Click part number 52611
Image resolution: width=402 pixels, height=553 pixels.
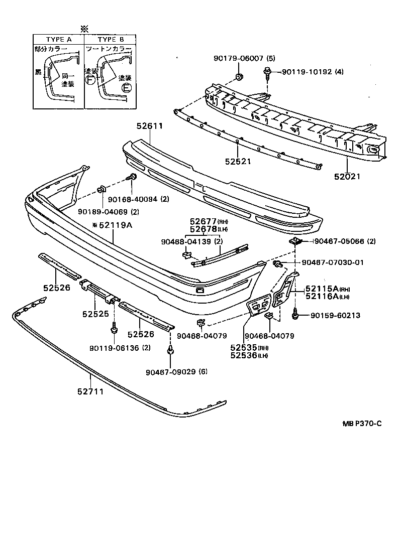149,126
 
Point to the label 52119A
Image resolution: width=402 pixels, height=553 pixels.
114,225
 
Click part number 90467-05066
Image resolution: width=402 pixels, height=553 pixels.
345,242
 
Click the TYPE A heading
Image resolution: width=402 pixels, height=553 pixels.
59,39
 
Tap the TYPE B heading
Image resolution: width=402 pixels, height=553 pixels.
110,39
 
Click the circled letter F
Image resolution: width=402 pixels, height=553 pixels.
90,80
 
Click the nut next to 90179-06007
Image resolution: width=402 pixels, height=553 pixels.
239,77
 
